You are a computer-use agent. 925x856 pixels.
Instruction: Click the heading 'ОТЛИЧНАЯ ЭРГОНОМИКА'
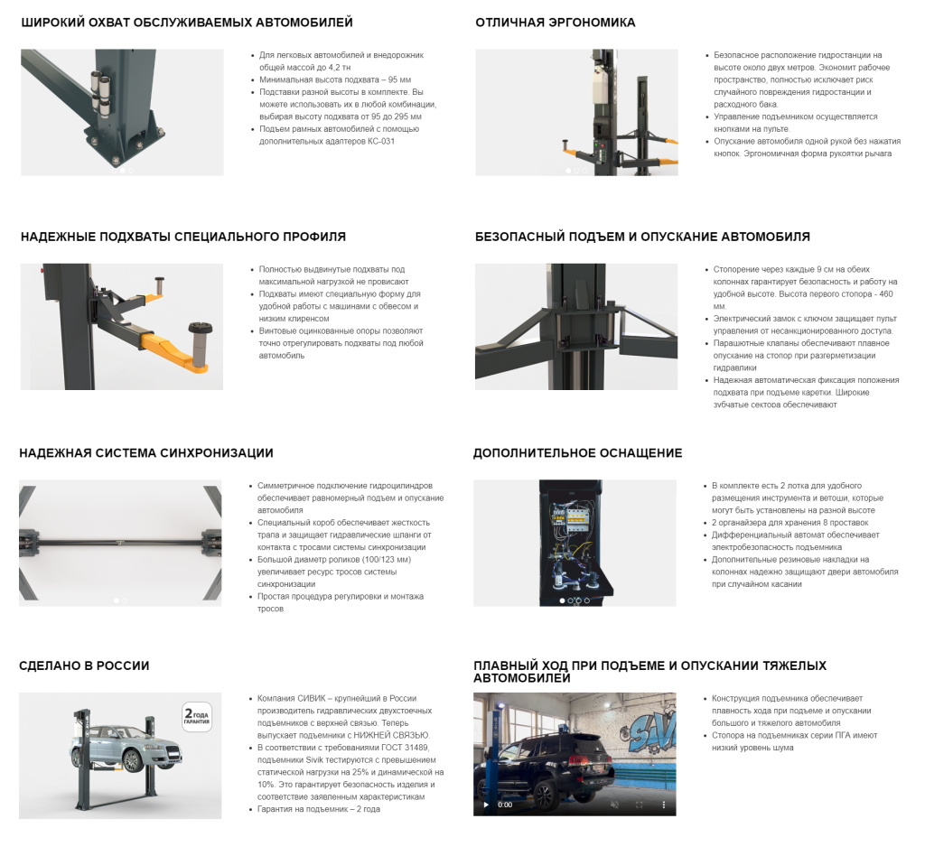pyautogui.click(x=556, y=23)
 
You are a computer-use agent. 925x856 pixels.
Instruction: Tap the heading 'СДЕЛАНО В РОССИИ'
pyautogui.click(x=84, y=665)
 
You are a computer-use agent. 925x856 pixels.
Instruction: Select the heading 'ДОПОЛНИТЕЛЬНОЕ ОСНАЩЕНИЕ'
pyautogui.click(x=577, y=452)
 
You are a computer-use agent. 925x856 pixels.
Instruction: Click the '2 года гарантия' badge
pyautogui.click(x=197, y=717)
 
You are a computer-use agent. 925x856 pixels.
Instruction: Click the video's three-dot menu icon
pyautogui.click(x=664, y=805)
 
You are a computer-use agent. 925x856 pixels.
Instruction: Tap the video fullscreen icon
pyautogui.click(x=639, y=805)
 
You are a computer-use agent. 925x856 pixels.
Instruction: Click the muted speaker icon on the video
pyautogui.click(x=614, y=805)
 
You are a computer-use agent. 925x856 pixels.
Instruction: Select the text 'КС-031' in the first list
pyautogui.click(x=380, y=142)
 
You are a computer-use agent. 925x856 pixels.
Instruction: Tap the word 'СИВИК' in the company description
pyautogui.click(x=312, y=699)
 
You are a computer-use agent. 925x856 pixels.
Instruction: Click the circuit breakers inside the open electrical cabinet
pyautogui.click(x=567, y=519)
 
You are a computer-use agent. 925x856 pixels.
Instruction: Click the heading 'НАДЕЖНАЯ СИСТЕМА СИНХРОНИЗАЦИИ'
pyautogui.click(x=146, y=452)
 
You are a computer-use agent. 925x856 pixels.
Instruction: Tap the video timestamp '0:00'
pyautogui.click(x=505, y=805)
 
